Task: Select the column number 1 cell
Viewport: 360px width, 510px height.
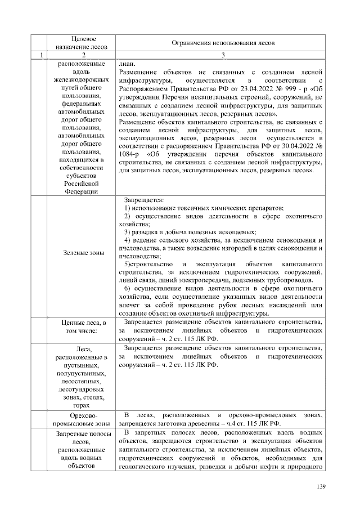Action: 40,55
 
